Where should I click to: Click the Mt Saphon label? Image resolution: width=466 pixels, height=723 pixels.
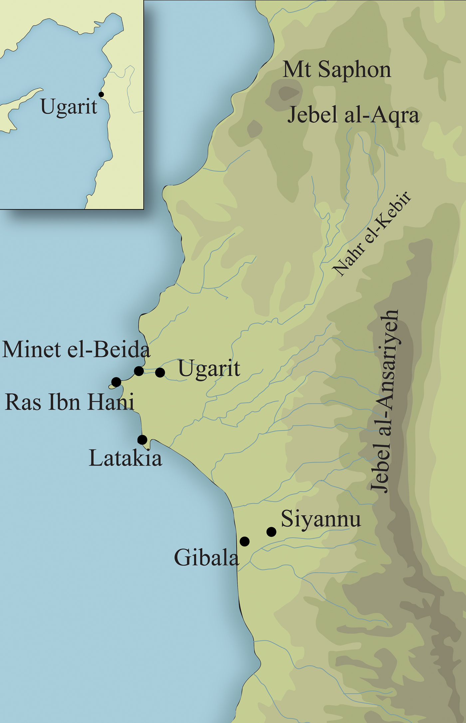337,70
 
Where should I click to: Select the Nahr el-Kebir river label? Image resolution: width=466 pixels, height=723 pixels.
372,234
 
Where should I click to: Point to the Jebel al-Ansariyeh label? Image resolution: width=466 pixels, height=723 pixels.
385,401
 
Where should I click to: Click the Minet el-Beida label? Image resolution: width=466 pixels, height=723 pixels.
76,350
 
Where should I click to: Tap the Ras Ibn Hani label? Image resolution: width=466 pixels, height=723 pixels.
69,402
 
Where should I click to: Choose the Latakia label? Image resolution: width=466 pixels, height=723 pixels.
125,458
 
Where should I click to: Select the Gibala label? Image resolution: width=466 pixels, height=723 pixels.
206,557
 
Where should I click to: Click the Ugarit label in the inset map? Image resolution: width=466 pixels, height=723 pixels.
69,107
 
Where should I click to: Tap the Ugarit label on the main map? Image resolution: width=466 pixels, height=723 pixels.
209,368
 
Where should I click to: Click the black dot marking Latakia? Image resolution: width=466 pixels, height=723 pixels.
142,440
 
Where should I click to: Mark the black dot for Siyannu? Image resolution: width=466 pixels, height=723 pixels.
271,532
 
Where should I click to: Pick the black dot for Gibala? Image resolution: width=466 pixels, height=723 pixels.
245,541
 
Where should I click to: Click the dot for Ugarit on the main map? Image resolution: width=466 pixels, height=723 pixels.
160,372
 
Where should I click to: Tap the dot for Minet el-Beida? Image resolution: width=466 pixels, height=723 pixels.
139,371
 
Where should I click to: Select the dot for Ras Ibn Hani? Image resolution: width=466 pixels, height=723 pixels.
116,382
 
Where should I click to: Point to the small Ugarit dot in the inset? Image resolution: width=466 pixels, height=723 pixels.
101,95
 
